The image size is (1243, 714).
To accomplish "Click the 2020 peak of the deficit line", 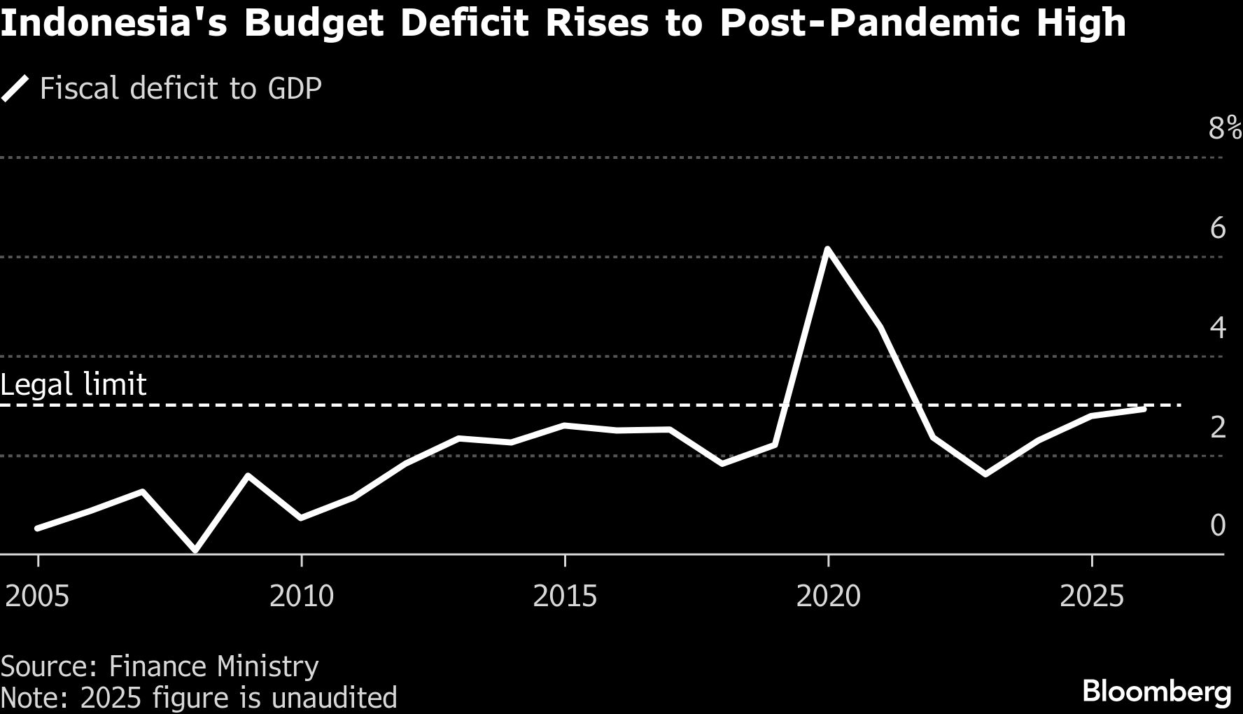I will (x=828, y=250).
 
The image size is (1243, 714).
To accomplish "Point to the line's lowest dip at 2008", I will (x=195, y=550).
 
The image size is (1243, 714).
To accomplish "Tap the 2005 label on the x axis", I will (x=37, y=596).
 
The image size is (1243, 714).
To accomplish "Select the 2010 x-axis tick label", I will (x=302, y=596).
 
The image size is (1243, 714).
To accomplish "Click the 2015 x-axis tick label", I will (x=565, y=596).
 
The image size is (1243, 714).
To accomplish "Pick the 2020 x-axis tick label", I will (x=829, y=596).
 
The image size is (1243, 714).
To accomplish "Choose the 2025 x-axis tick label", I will (x=1092, y=596).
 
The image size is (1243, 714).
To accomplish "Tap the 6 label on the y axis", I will (x=1218, y=228).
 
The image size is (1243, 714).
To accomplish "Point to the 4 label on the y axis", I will (x=1218, y=328).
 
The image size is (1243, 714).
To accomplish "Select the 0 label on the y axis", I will (x=1218, y=525).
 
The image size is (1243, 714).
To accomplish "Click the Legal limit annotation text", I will (x=73, y=385).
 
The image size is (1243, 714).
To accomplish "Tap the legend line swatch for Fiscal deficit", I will (x=15, y=90).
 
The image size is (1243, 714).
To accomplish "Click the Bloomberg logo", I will (x=1156, y=692).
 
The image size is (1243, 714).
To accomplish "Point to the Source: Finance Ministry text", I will (x=160, y=666).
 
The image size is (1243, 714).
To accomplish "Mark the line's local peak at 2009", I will (x=248, y=476).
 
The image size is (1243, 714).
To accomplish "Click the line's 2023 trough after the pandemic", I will (x=985, y=475).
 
